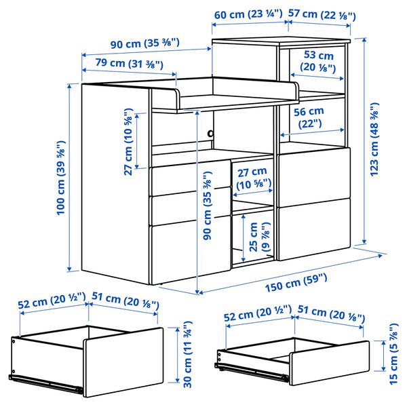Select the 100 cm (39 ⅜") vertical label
pos(61,178)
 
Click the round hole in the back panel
pos(210,134)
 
